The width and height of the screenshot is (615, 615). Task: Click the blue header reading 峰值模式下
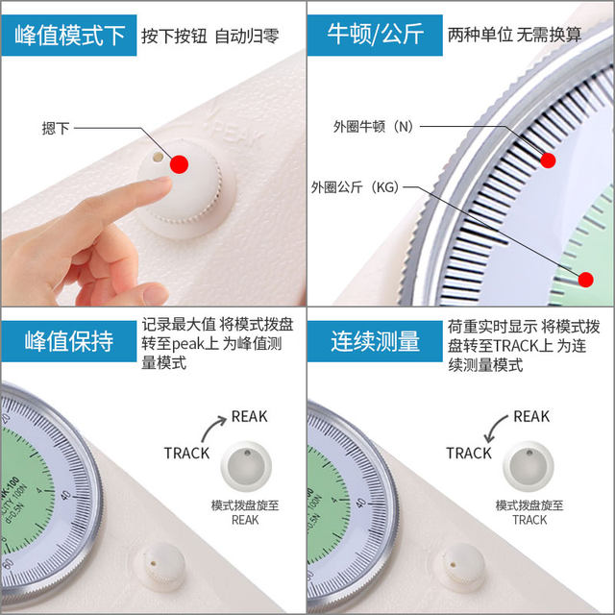point(70,37)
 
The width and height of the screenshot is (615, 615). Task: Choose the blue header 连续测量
point(376,342)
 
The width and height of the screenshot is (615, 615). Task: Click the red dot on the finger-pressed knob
point(179,164)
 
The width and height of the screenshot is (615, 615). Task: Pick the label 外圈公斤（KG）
point(356,185)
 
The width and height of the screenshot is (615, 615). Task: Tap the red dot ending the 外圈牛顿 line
point(549,160)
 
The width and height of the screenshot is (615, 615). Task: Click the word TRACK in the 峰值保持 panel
point(186,453)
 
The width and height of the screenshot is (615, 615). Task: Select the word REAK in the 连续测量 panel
point(531,416)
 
